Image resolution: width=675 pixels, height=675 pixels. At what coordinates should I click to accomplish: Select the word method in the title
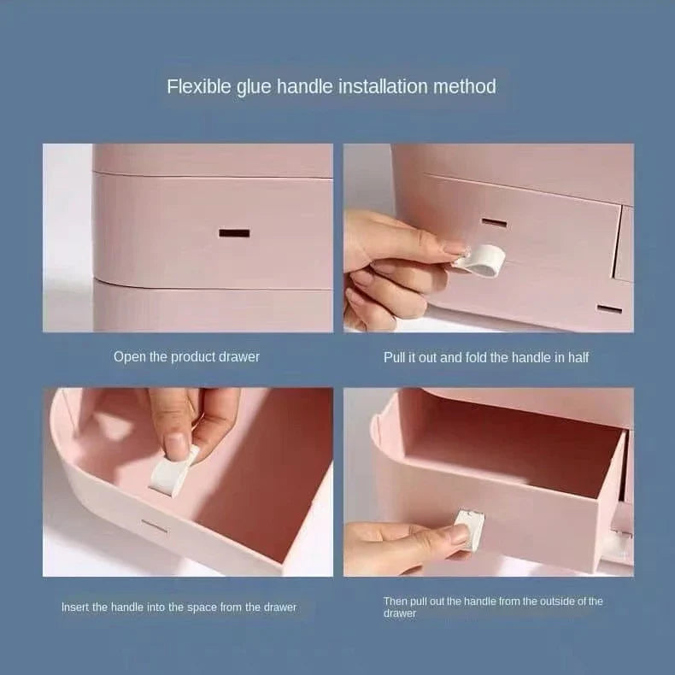(466, 86)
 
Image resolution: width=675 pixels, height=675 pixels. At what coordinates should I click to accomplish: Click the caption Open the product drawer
(186, 356)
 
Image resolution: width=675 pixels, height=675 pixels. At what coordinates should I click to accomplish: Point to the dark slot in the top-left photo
(234, 232)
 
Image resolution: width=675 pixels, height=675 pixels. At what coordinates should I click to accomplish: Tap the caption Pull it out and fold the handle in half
(486, 357)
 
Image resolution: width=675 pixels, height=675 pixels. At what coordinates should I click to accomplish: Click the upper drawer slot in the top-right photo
(494, 222)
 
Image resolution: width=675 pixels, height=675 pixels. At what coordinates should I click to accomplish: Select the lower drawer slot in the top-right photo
(609, 308)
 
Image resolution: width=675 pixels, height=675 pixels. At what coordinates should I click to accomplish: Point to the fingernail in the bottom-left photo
(176, 445)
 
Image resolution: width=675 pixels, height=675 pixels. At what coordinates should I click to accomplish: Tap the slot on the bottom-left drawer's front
(155, 526)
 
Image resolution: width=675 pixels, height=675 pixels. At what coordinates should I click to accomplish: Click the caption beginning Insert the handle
(179, 607)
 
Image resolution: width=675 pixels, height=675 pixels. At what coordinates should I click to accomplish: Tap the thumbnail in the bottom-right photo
(459, 535)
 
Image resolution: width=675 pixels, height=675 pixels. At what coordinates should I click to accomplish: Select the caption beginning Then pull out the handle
(492, 607)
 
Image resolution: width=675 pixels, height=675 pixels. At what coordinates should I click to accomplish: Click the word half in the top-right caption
(577, 357)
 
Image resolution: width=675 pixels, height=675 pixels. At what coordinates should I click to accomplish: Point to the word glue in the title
(253, 86)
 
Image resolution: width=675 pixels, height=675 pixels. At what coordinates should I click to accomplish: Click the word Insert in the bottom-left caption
(75, 607)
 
